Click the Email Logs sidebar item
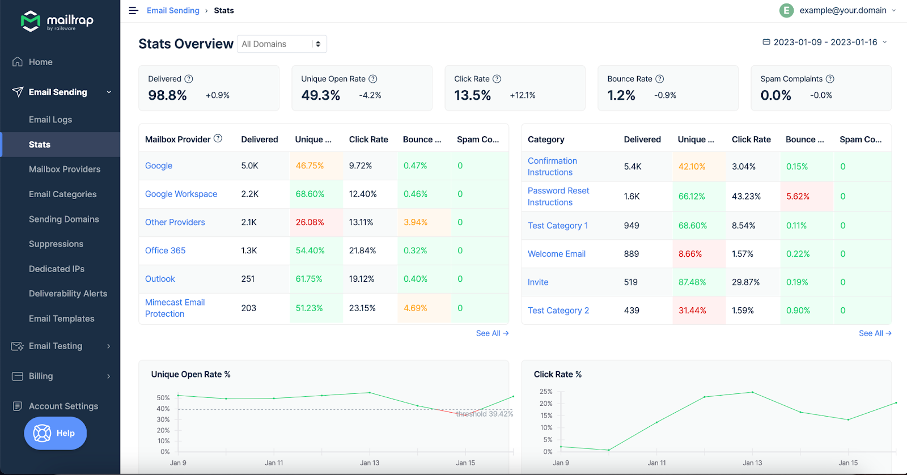coord(50,120)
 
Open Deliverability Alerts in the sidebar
coord(68,294)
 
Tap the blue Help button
coord(56,433)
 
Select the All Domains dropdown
coord(282,44)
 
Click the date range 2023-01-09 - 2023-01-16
coord(825,42)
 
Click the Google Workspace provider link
coord(181,194)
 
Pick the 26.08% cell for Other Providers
coord(310,222)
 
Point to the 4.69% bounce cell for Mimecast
coord(416,308)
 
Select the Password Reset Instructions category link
coord(558,196)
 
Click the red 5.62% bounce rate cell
coord(798,196)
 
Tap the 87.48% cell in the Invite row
coord(692,282)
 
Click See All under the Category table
coord(875,333)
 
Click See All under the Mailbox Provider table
coord(492,333)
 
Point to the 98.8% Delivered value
coord(167,95)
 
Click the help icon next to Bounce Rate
coord(659,79)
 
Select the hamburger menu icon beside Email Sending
coord(133,11)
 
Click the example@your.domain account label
coord(842,10)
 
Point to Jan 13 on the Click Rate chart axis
coord(752,463)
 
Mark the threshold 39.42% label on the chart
coord(485,414)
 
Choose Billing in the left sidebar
coord(41,376)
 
